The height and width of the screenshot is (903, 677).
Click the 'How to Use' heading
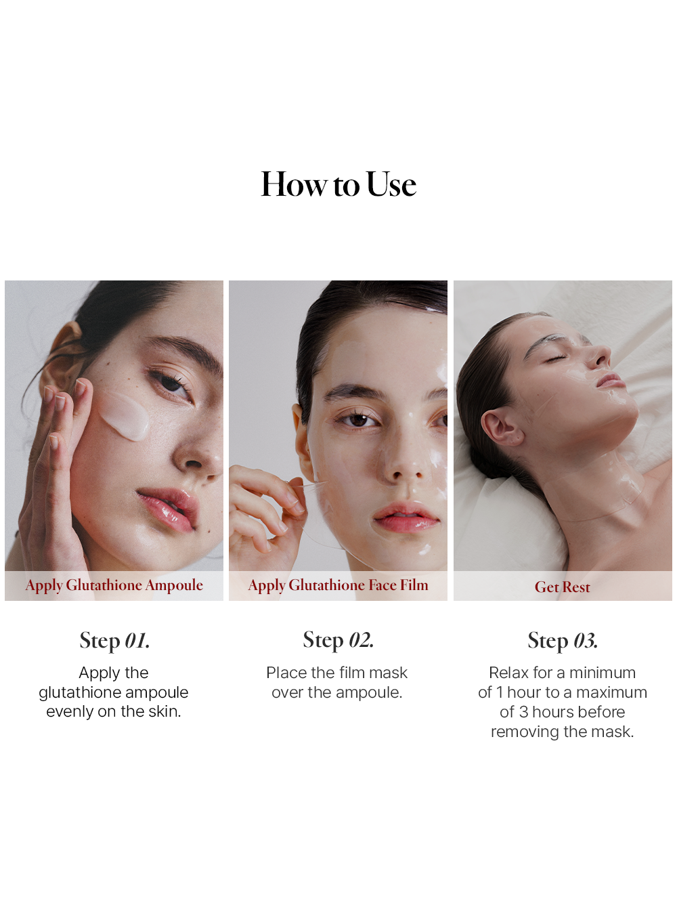pos(338,184)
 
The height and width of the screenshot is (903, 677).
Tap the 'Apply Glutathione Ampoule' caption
pos(114,585)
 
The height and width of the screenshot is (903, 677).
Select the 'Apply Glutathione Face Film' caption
pos(338,585)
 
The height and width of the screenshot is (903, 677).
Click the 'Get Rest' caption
pos(563,587)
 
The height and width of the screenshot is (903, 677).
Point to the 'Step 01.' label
pos(114,641)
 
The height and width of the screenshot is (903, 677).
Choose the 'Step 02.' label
pos(338,640)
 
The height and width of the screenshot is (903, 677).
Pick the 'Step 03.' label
pos(563,641)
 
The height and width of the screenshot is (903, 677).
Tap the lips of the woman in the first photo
pos(168,508)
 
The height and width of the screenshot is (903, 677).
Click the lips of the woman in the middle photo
pos(406,518)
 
